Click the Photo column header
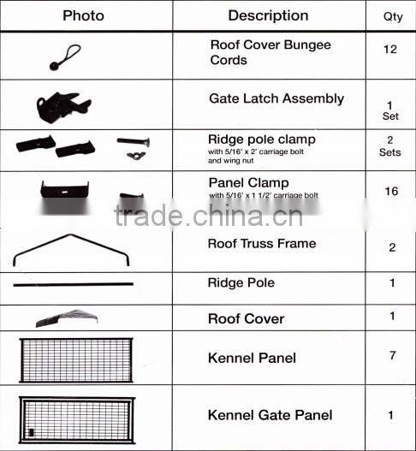pos(83,15)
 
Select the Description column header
pos(268,15)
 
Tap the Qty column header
pos(390,16)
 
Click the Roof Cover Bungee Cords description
pos(270,52)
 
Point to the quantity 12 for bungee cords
pos(390,49)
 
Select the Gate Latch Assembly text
pos(276,98)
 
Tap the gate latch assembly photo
pos(63,106)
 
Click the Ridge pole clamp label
pos(262,139)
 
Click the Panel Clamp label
pos(249,182)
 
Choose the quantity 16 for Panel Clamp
pos(391,191)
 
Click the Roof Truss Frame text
pos(262,243)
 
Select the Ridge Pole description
pos(241,282)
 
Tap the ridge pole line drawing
pos(73,284)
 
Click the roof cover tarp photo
pos(67,317)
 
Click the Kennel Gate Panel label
pos(270,415)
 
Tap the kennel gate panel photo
pos(77,419)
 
